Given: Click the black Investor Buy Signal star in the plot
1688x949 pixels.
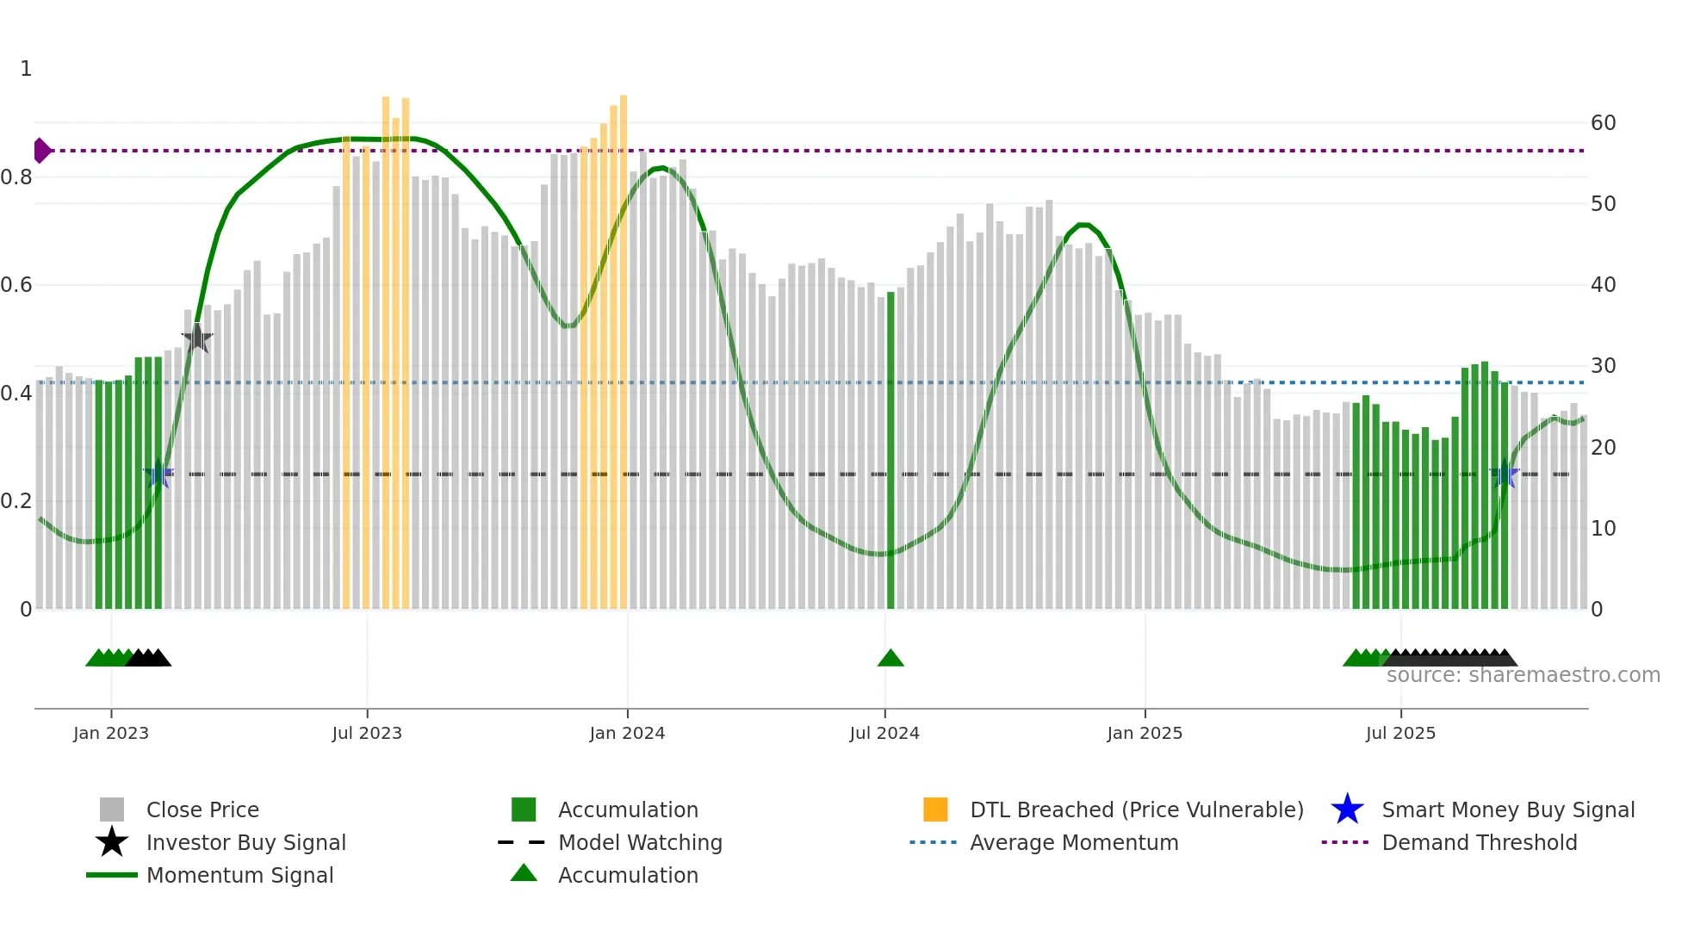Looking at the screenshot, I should pyautogui.click(x=197, y=338).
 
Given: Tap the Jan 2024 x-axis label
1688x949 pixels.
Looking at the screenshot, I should pyautogui.click(x=627, y=733).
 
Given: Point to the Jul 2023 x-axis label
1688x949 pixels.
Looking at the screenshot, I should pyautogui.click(x=367, y=733).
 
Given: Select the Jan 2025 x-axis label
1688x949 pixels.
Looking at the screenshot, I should pyautogui.click(x=1145, y=733).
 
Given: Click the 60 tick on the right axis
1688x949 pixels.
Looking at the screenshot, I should pyautogui.click(x=1603, y=123).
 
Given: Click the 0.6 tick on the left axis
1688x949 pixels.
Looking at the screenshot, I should pyautogui.click(x=16, y=285).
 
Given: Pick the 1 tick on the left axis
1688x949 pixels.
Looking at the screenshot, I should pyautogui.click(x=26, y=69).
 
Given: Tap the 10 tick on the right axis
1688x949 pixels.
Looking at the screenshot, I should pyautogui.click(x=1603, y=529).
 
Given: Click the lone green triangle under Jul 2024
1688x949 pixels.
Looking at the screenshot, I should pyautogui.click(x=891, y=659).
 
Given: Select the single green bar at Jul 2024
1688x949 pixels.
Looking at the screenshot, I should pyautogui.click(x=891, y=448).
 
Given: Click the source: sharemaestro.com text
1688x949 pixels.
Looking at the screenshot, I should pyautogui.click(x=1523, y=675).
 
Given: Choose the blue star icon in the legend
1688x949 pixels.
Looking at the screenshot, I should pyautogui.click(x=1347, y=809).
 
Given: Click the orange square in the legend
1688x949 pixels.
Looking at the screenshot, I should pyautogui.click(x=935, y=809).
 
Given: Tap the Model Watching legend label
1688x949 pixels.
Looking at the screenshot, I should pyautogui.click(x=640, y=842).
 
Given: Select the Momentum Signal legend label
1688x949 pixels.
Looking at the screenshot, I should pyautogui.click(x=239, y=875).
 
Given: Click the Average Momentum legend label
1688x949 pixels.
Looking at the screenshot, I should pyautogui.click(x=1074, y=842).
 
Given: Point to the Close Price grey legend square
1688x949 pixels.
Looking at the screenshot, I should pyautogui.click(x=112, y=809).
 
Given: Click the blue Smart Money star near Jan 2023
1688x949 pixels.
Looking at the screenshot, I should pyautogui.click(x=158, y=474).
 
